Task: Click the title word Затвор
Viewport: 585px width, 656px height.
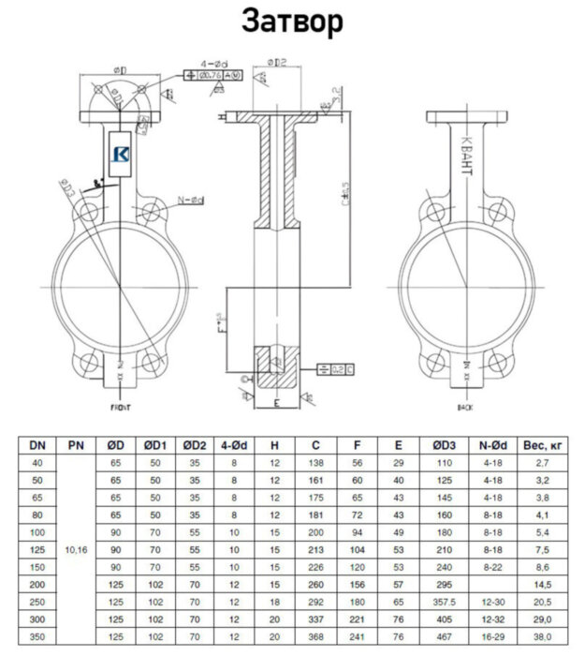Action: tap(292, 20)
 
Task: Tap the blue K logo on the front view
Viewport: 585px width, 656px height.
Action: tap(121, 157)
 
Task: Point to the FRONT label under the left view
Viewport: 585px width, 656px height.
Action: tap(122, 409)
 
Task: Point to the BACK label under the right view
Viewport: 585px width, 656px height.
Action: tap(465, 409)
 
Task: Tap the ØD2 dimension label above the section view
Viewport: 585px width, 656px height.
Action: tap(277, 63)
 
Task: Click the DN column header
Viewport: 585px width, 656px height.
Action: tap(37, 446)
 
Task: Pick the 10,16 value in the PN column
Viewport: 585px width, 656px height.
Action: tap(76, 553)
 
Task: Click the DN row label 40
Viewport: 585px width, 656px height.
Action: tap(37, 464)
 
